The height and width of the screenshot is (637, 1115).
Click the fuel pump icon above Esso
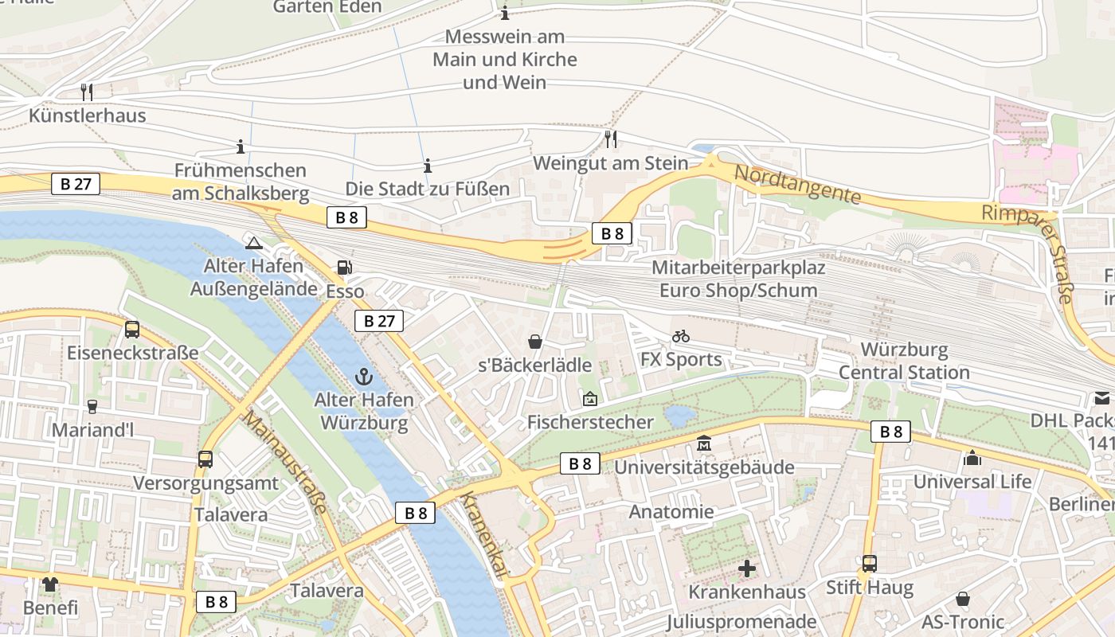(x=345, y=268)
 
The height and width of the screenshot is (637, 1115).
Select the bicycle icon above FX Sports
(x=680, y=336)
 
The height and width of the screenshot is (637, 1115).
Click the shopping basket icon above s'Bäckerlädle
(x=535, y=342)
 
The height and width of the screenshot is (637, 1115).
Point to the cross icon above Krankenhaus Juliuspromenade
(x=746, y=569)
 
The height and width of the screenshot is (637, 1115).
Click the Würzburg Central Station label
(x=904, y=361)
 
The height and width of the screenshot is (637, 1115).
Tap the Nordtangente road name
(x=797, y=184)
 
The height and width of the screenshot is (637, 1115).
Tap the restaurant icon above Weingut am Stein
(x=610, y=139)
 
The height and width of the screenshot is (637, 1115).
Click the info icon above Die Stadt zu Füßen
(x=428, y=166)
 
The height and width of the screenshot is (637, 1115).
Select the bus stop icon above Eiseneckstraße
(x=132, y=329)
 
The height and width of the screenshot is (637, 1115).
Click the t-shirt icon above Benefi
(x=51, y=584)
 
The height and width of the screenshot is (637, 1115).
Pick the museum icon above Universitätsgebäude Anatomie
(x=704, y=444)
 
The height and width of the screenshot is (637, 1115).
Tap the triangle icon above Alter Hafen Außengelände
(x=254, y=243)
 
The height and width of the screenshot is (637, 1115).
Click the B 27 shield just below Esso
(x=379, y=321)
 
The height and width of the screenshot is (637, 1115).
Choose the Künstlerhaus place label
(x=88, y=115)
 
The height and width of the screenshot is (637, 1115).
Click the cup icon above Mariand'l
(x=92, y=406)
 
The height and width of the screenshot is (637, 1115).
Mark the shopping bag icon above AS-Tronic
(x=963, y=598)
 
